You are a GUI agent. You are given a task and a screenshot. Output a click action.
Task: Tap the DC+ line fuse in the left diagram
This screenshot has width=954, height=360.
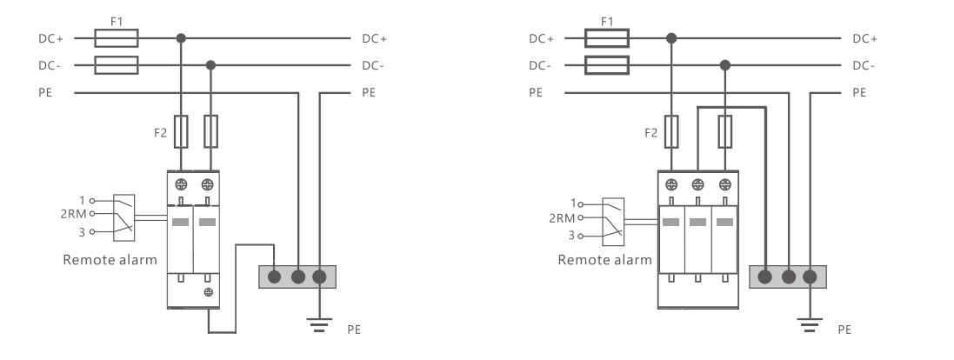115,38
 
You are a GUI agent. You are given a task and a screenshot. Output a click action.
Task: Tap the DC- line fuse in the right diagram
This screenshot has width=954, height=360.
606,64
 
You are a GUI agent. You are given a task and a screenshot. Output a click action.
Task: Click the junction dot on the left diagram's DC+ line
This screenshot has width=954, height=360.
181,38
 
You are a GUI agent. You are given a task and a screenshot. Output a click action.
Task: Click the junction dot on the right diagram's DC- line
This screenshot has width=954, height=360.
724,64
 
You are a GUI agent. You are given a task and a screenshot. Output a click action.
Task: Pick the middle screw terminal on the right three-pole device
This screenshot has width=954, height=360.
698,185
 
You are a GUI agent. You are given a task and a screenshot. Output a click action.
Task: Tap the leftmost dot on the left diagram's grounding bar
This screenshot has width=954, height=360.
275,277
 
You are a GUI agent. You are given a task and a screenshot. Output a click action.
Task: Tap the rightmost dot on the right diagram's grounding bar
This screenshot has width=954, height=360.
811,277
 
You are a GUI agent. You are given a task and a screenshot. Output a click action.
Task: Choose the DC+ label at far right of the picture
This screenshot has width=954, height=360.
864,38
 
